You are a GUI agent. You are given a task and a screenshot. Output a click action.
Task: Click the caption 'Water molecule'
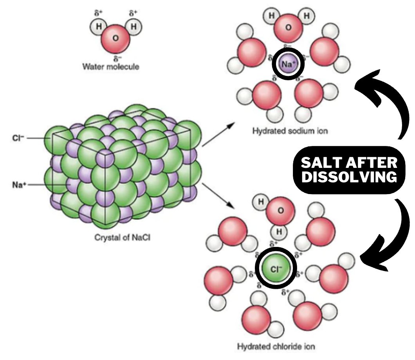tap(111, 67)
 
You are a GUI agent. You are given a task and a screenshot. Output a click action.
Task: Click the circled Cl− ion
tap(276, 268)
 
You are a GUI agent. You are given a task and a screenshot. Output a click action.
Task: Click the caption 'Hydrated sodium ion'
tap(290, 131)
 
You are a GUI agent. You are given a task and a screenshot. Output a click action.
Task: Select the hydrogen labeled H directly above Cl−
tap(279, 231)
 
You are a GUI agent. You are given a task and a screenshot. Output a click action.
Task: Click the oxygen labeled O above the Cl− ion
tap(280, 211)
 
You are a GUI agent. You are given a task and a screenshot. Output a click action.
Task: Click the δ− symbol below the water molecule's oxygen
tap(116, 58)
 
